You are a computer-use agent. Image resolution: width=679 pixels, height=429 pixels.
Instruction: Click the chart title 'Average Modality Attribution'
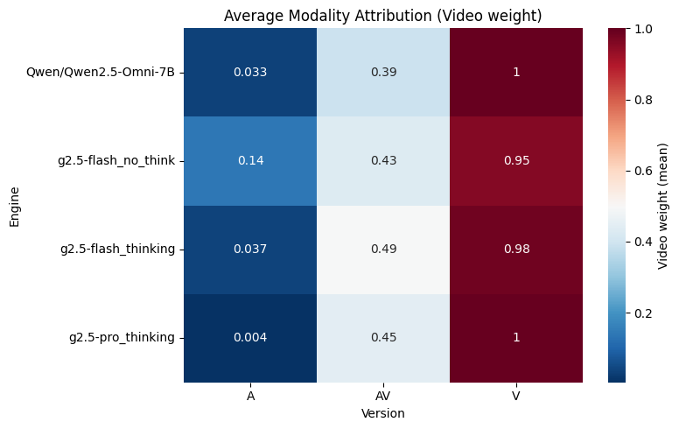382,15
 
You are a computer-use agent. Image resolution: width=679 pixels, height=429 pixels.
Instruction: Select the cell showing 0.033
250,72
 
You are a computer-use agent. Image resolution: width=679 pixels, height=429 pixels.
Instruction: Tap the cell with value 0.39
383,72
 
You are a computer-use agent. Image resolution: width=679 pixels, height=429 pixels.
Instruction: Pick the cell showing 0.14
250,160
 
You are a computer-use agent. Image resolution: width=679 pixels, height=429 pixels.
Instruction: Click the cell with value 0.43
383,160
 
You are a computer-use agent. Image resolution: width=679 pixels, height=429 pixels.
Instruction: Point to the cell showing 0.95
516,160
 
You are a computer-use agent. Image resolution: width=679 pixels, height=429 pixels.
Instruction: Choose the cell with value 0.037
250,250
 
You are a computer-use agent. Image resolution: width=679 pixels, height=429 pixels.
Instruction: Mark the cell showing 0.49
383,250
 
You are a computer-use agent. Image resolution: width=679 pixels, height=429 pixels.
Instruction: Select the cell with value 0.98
516,250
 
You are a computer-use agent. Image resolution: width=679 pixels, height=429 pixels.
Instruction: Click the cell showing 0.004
250,338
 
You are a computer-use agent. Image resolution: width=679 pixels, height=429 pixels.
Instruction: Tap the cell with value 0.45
383,338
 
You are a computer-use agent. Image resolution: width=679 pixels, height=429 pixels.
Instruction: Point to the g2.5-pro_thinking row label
122,338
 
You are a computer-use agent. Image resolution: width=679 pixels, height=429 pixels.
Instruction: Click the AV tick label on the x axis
383,396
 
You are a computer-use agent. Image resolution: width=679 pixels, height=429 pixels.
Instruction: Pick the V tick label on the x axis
516,396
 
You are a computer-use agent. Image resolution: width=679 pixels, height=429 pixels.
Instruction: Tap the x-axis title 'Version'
383,412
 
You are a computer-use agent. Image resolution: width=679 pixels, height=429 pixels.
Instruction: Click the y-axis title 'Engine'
15,205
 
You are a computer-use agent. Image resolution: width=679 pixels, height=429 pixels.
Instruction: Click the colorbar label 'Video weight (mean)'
663,205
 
